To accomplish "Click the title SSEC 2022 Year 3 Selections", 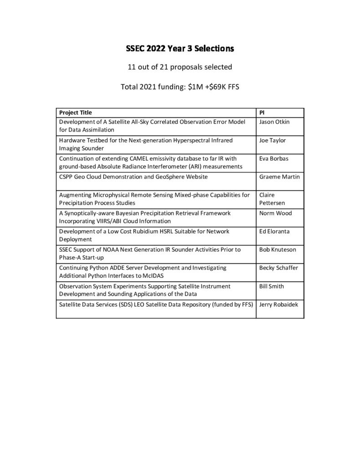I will tap(180, 48).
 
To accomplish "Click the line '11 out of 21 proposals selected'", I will tap(180, 67).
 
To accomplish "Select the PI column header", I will tap(261, 112).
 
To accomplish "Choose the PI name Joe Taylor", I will tap(272, 140).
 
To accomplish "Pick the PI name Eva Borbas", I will tap(273, 158).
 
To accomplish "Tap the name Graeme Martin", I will tap(279, 177).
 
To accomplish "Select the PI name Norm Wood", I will tap(275, 213).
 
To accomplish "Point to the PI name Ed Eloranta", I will tap(275, 231).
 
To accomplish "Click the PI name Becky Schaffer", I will tap(278, 268).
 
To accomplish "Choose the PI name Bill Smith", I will tap(271, 286).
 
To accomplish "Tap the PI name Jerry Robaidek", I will tap(278, 304).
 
